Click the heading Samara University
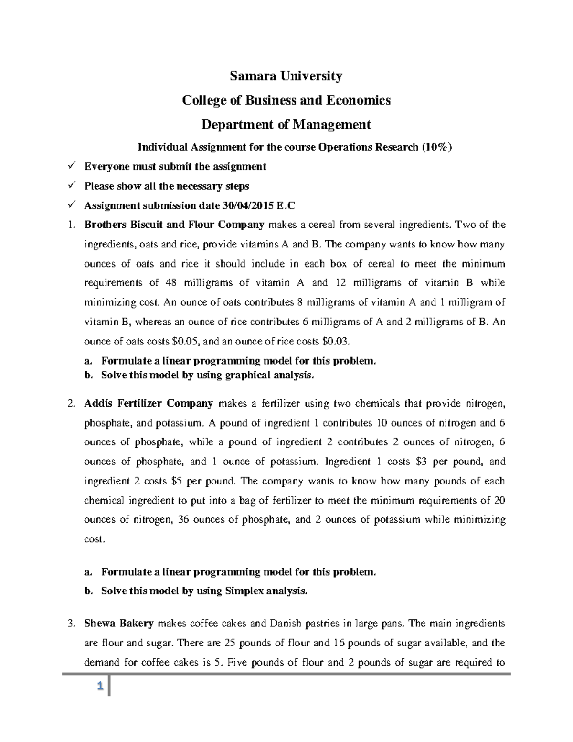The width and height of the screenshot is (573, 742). pyautogui.click(x=286, y=76)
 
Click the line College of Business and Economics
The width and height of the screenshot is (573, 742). pyautogui.click(x=286, y=100)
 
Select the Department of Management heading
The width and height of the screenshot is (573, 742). pyautogui.click(x=286, y=125)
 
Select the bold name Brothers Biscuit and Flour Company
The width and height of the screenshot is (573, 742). pyautogui.click(x=174, y=225)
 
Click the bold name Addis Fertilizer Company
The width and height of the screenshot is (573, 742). pyautogui.click(x=149, y=404)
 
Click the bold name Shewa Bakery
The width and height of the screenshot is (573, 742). pyautogui.click(x=119, y=624)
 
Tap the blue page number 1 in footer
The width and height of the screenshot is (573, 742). pyautogui.click(x=100, y=687)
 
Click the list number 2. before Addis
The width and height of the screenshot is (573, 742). pyautogui.click(x=72, y=404)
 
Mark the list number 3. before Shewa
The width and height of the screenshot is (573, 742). pyautogui.click(x=72, y=624)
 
